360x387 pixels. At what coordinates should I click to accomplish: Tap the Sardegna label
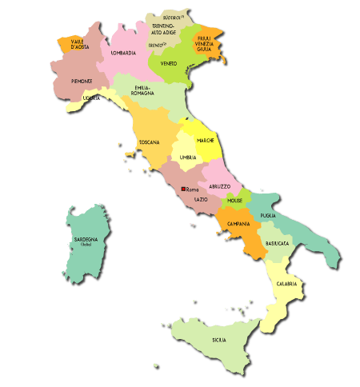[x=86, y=240]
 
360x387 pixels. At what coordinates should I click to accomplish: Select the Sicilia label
[x=218, y=340]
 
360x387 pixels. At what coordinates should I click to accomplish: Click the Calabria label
[x=287, y=284]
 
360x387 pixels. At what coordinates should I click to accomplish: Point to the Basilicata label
[x=278, y=243]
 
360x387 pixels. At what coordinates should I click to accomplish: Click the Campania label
[x=239, y=223]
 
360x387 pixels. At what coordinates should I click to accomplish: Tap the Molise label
[x=234, y=199]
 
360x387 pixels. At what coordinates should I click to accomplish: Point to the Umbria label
[x=188, y=158]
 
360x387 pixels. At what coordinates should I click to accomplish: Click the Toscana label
[x=149, y=142]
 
